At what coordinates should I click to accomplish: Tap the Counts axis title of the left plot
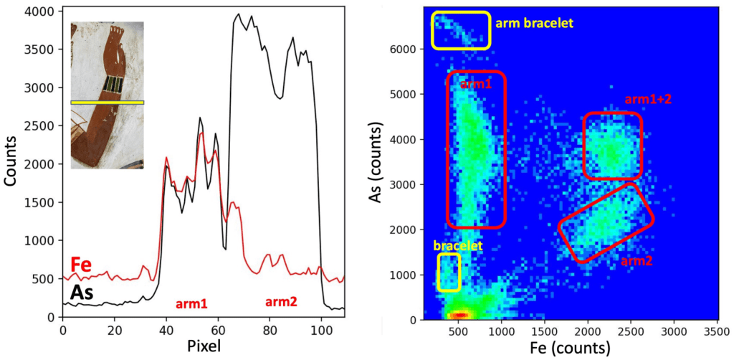[12, 164]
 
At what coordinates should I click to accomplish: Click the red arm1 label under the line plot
[191, 304]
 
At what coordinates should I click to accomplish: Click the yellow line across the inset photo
[108, 103]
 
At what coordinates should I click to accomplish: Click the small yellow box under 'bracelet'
[449, 272]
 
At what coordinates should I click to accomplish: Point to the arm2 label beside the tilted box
[637, 261]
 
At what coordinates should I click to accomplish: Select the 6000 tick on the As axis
[409, 49]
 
